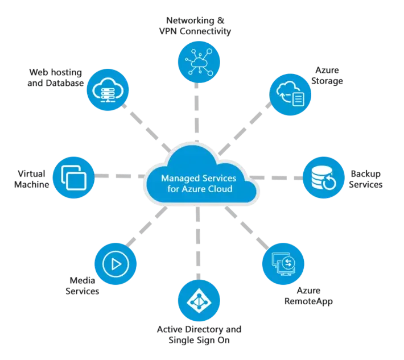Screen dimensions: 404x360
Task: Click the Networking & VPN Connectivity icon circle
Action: point(199,62)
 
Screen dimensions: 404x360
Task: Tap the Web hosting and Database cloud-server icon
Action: point(108,90)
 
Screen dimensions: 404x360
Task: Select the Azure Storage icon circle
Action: point(290,94)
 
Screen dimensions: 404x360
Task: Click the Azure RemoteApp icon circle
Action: point(283,264)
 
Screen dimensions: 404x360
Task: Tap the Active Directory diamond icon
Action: point(199,300)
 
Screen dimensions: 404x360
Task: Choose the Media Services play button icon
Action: point(116,264)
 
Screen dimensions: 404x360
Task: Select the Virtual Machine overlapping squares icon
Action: point(74,177)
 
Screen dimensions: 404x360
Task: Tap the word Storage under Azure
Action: point(327,81)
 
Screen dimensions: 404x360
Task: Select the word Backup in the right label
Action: point(366,174)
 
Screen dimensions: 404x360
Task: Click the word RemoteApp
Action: point(308,301)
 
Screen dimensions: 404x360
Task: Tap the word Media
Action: point(82,280)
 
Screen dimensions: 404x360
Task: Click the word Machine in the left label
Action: point(31,184)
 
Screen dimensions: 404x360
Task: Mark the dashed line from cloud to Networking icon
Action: point(197,112)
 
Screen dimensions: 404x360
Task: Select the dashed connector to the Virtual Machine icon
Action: point(119,176)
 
